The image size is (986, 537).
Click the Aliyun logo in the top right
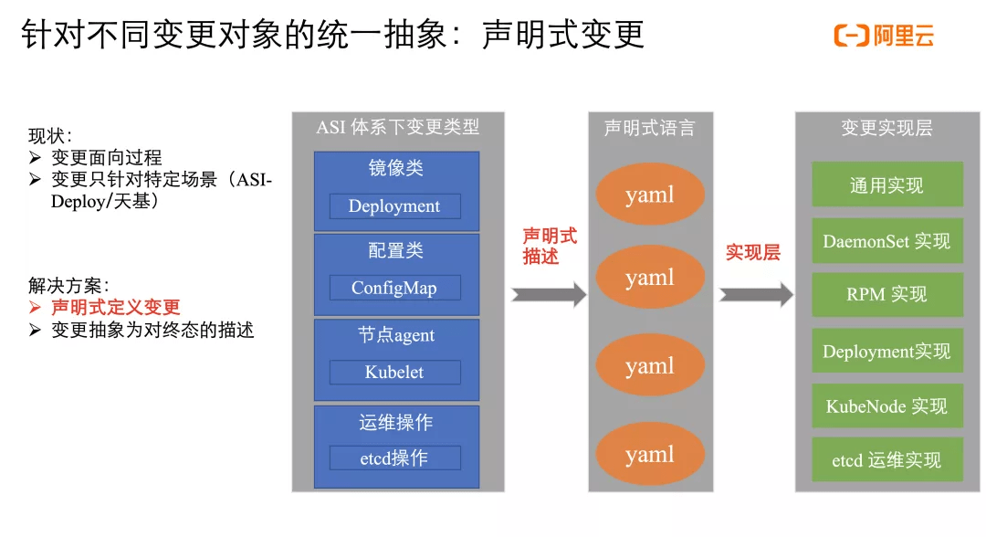884,37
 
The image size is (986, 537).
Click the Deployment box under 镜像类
394,206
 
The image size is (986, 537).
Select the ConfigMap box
394,288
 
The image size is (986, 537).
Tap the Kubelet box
394,372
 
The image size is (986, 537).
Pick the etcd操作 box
394,458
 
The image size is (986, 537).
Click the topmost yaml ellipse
650,195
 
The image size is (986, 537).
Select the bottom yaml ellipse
650,454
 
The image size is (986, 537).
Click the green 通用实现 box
886,185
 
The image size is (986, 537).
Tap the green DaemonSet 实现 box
886,241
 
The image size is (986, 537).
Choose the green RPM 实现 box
886,295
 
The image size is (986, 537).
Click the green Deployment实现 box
886,352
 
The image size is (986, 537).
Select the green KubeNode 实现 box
886,406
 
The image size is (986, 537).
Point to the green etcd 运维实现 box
886,460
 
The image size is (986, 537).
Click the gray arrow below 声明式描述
549,294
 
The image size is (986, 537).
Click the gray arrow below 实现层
756,294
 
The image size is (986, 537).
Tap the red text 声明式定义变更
115,308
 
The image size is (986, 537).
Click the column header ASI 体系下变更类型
397,127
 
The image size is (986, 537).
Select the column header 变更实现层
886,128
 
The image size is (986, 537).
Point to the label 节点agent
395,335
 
